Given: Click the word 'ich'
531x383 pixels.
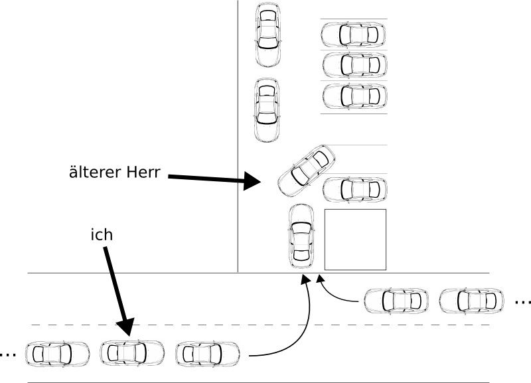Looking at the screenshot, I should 101,235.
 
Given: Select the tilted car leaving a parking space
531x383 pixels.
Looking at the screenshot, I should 307,170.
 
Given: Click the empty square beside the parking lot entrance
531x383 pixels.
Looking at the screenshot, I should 355,239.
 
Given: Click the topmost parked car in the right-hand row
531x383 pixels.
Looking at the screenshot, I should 354,34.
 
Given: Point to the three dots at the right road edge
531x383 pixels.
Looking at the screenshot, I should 522,303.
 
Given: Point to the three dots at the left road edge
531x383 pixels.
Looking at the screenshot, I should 9,354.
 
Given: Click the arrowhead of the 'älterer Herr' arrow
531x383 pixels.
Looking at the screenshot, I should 253,180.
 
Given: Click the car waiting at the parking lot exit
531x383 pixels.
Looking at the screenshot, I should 301,234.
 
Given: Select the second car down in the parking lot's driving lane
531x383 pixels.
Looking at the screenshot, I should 267,110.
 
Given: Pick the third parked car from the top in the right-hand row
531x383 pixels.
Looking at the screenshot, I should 354,96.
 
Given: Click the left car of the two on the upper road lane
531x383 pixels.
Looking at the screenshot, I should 396,301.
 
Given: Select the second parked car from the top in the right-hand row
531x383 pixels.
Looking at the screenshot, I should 354,65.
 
